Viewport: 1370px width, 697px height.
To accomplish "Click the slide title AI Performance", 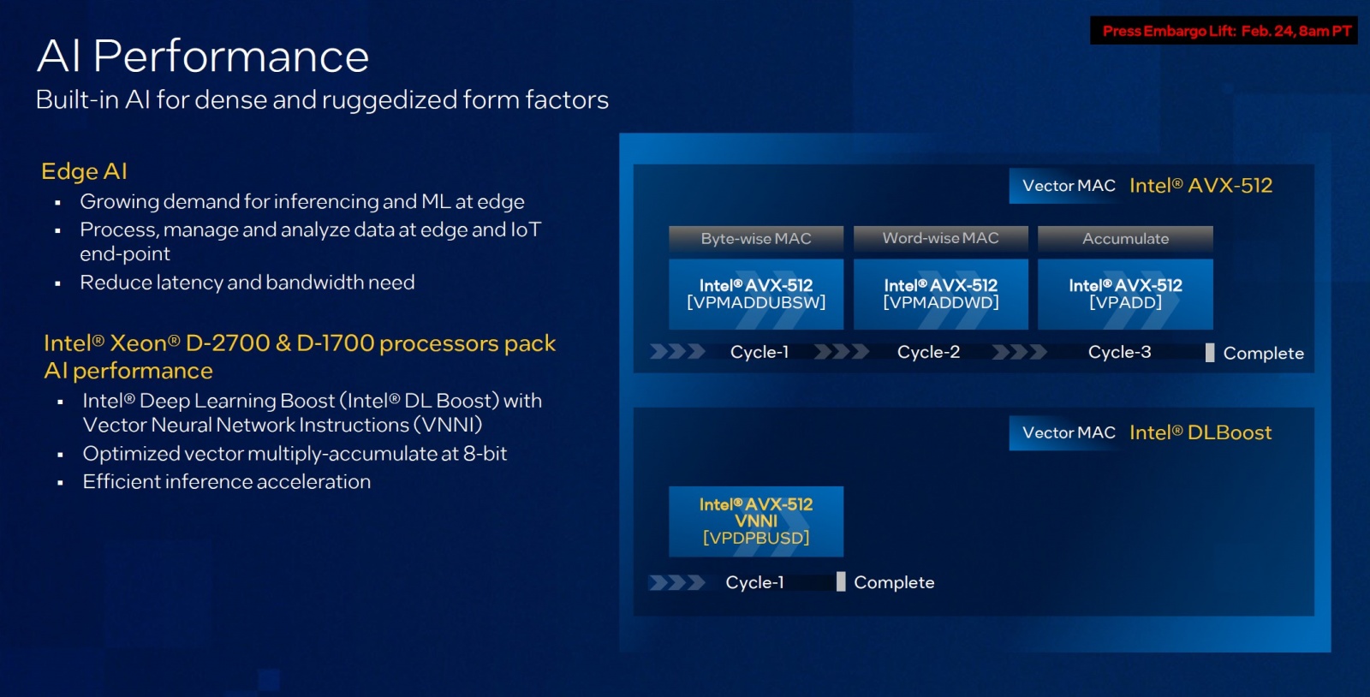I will coord(203,57).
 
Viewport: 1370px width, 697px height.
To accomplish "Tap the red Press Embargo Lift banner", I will coord(1224,31).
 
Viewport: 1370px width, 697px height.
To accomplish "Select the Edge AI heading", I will coord(84,171).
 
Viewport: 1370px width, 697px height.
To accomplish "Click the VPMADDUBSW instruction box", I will coord(755,294).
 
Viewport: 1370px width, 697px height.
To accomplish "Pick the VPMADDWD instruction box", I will coord(940,294).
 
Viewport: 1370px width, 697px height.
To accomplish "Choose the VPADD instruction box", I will coord(1125,294).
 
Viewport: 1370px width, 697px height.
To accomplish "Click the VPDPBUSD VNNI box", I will coord(755,521).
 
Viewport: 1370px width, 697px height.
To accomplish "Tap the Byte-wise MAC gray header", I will coord(755,238).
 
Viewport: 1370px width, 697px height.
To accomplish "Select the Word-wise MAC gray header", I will coord(940,238).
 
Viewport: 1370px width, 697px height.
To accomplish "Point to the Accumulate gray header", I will coord(1125,238).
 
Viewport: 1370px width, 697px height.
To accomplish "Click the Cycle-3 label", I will coord(1119,352).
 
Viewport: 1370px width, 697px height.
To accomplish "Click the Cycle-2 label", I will coord(928,352).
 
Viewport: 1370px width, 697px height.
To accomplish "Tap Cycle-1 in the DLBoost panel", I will coord(754,582).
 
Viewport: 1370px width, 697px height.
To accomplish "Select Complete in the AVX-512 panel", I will coord(1262,353).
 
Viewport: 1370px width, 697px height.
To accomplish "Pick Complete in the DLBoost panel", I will coord(893,582).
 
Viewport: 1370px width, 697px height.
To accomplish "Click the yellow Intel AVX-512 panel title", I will coord(1200,186).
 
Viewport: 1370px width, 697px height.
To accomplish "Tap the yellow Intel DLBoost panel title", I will coord(1200,432).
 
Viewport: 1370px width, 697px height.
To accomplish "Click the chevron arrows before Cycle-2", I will coord(841,352).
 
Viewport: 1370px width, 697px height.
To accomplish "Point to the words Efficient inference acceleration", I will coord(226,481).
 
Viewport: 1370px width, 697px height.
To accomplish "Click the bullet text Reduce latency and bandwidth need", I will coord(247,283).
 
